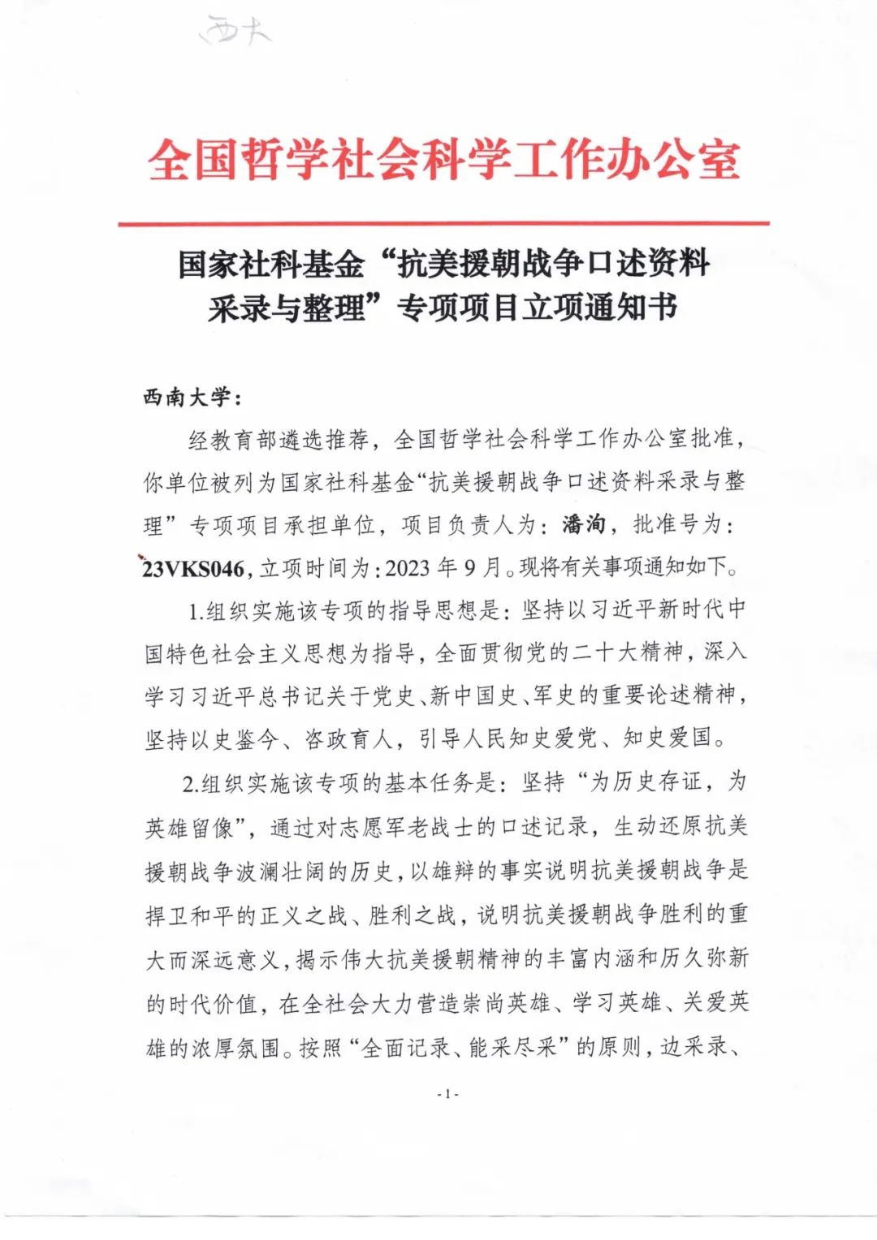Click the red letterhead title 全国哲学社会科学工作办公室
click(x=443, y=160)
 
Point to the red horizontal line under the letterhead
click(x=443, y=222)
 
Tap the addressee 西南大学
click(x=185, y=398)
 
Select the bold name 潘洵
click(x=584, y=524)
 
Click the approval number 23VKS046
click(x=193, y=568)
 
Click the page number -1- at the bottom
click(x=447, y=1094)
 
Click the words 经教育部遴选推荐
click(x=278, y=440)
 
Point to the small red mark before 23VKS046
click(x=141, y=558)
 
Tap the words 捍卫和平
click(x=190, y=915)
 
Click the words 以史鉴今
click(x=235, y=739)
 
